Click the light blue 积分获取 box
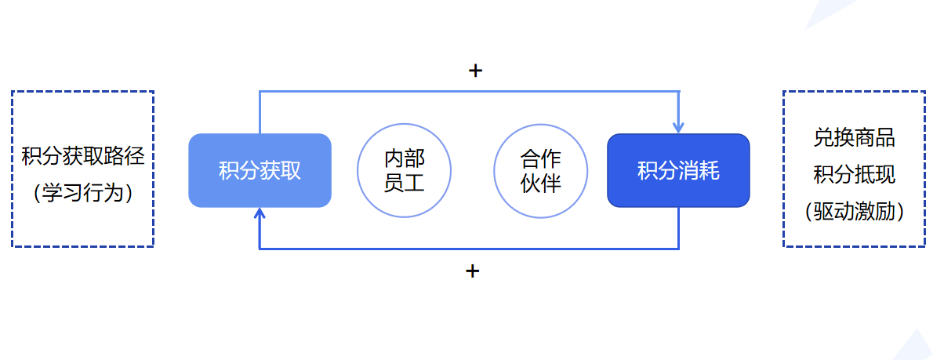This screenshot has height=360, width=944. [x=260, y=170]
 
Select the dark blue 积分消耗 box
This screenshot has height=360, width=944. [x=678, y=170]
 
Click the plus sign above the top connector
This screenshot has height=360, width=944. [x=475, y=71]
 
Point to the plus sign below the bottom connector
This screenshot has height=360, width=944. [x=473, y=271]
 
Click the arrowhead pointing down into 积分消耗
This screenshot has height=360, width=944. [x=678, y=128]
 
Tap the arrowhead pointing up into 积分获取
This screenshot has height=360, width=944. [x=260, y=213]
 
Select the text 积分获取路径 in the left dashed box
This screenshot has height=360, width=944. [x=83, y=156]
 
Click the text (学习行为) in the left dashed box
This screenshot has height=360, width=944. [x=83, y=193]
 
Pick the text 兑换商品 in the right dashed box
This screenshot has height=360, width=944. [x=855, y=137]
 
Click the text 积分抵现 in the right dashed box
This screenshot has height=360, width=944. [x=855, y=174]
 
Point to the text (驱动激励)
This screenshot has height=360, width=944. [x=855, y=211]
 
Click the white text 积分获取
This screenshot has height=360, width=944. [x=260, y=171]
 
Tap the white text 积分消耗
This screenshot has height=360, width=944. [x=678, y=171]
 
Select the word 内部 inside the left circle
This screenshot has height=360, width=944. [x=404, y=158]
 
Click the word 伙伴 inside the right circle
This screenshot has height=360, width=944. [x=541, y=184]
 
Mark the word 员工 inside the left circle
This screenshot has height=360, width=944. [x=404, y=183]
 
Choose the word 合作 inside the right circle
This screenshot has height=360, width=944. [x=541, y=159]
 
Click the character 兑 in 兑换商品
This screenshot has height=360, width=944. [x=823, y=137]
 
